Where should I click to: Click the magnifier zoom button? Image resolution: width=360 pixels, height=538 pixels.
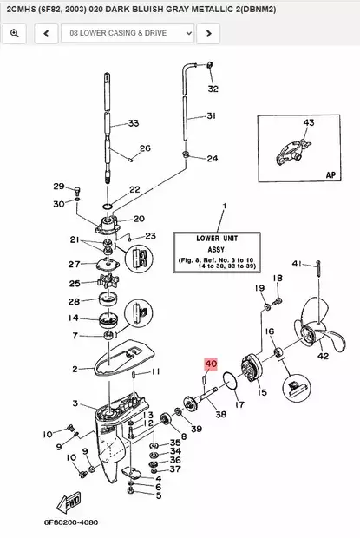coord(15,33)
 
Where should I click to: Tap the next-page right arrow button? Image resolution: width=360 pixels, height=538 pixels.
coord(208,33)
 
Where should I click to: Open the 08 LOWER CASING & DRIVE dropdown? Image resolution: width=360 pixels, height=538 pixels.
coord(128,33)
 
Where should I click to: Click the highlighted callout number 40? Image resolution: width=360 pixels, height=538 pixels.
coord(211,364)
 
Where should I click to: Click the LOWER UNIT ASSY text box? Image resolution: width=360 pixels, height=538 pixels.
coord(217,253)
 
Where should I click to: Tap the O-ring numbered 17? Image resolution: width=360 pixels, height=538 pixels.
coord(230,381)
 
